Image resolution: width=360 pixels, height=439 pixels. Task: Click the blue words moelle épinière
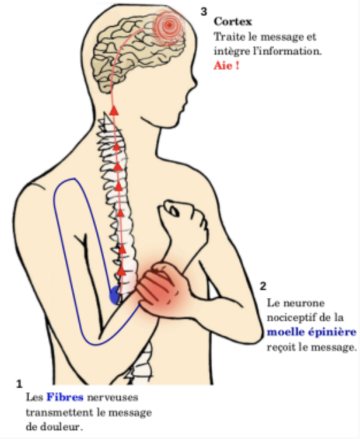(311, 332)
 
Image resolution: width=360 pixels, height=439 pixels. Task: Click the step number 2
(263, 286)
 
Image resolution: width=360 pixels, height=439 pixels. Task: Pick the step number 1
(19, 382)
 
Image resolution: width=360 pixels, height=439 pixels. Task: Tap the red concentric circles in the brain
(169, 25)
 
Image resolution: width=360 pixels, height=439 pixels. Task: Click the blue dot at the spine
(115, 295)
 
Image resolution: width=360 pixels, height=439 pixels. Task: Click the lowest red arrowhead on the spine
(121, 269)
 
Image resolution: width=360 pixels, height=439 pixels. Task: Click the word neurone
(306, 302)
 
